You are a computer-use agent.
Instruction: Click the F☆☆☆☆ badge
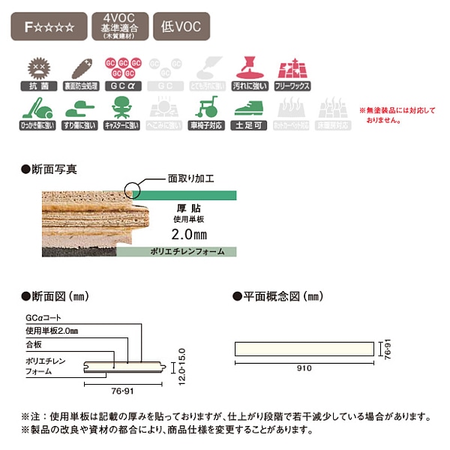49,28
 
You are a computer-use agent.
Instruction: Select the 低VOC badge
180,28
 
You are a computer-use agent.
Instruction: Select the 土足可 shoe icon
250,115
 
